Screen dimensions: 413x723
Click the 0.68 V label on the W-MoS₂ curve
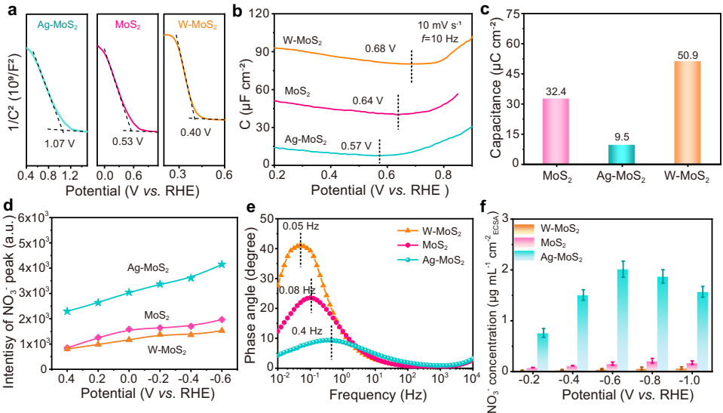(381, 49)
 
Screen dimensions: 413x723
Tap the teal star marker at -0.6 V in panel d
(222, 264)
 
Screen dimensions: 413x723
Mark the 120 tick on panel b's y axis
(260, 14)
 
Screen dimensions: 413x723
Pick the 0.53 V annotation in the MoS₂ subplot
(129, 141)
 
